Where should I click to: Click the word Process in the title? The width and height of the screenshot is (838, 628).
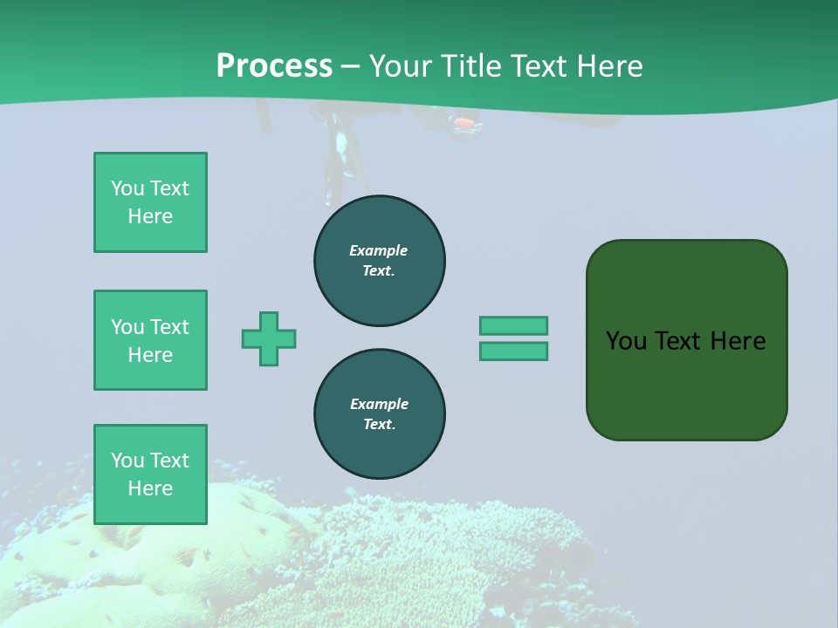tap(274, 66)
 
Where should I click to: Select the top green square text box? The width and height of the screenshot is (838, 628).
tap(150, 202)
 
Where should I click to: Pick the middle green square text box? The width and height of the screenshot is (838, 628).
tap(150, 340)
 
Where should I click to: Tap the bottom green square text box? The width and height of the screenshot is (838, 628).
tap(150, 474)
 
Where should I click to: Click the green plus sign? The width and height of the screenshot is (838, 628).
tap(269, 338)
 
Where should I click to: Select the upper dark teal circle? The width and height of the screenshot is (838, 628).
tap(380, 261)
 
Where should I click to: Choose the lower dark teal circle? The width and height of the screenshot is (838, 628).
tap(380, 414)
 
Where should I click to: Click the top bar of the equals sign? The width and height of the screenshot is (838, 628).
tap(513, 325)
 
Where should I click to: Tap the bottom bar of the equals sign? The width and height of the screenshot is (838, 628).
tap(513, 352)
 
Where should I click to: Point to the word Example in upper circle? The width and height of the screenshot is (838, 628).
tap(379, 250)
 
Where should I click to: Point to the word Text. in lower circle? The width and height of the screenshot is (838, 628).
tap(380, 425)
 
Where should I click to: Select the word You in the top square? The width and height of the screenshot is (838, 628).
tap(127, 188)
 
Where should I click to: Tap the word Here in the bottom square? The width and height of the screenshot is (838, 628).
tap(150, 488)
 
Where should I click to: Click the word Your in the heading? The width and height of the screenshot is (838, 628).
tap(397, 66)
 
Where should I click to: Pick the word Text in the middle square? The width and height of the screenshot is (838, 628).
tap(169, 327)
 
